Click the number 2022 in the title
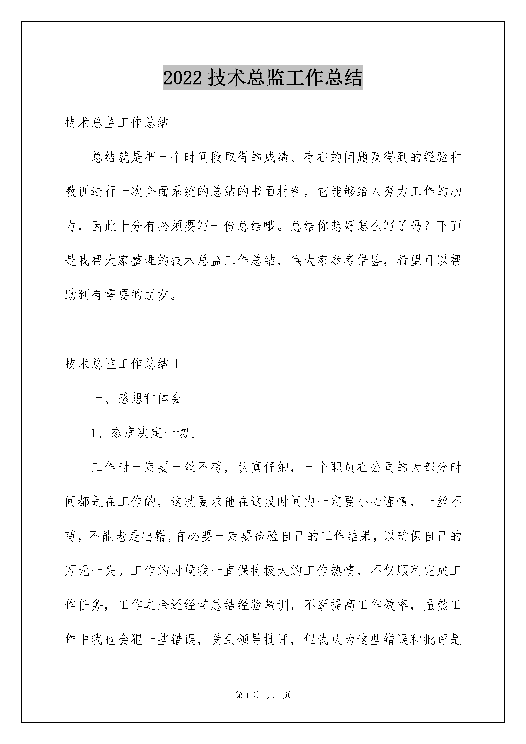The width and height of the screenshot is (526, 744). pos(183,78)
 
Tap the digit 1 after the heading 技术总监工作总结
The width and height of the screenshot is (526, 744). pos(176,364)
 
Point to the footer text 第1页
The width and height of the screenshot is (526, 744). pos(247,695)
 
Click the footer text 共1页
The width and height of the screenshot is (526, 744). pos(279,695)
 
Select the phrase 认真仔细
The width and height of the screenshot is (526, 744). pos(263,468)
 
